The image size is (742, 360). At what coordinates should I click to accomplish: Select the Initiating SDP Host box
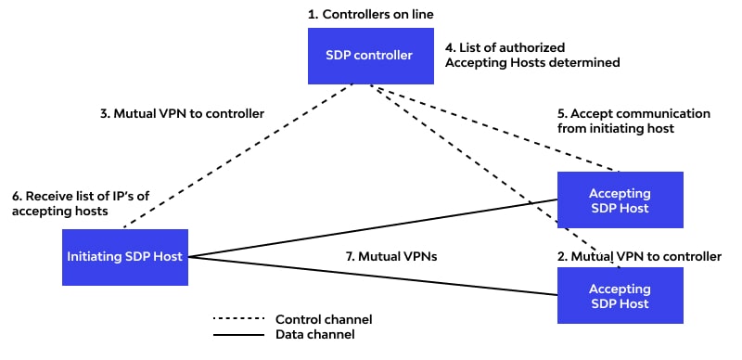pos(125,257)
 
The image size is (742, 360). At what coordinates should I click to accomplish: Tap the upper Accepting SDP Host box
pos(620,200)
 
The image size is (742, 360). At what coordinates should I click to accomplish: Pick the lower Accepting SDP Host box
pos(620,295)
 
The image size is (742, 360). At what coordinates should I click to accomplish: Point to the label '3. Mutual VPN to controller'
pos(182,113)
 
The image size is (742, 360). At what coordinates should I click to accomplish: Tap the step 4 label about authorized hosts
pos(532,55)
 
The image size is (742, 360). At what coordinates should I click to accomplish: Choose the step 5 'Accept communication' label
pos(634,121)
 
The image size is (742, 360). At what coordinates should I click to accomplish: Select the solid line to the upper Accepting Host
pos(371,226)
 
